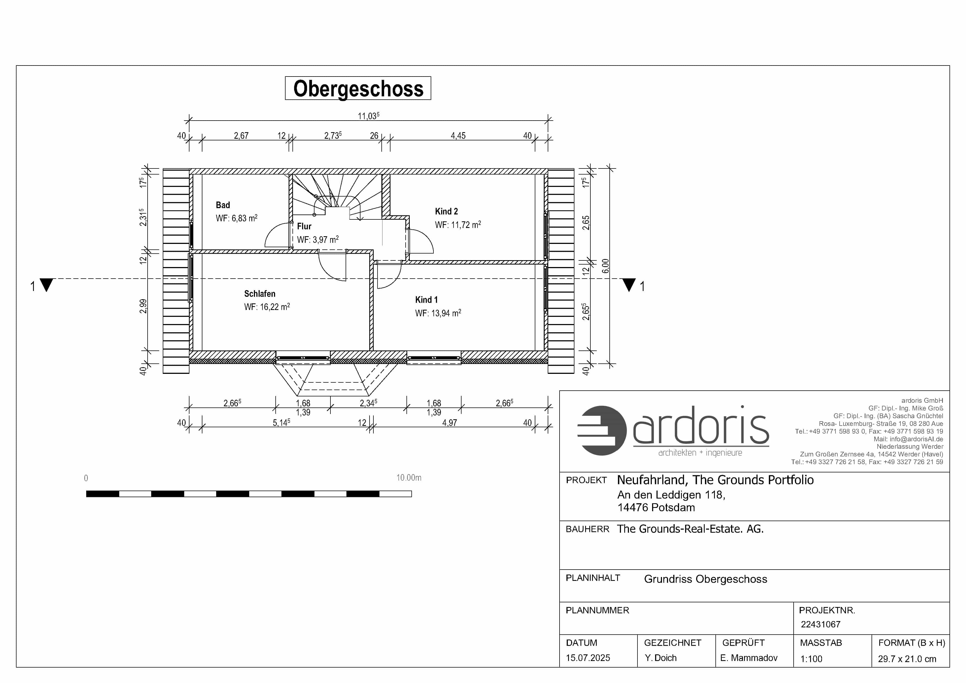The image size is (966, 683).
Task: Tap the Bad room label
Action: pyautogui.click(x=223, y=205)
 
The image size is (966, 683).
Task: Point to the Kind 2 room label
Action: pyautogui.click(x=446, y=211)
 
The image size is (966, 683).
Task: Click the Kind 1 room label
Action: pyautogui.click(x=426, y=300)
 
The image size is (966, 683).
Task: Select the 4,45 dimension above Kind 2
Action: pyautogui.click(x=458, y=136)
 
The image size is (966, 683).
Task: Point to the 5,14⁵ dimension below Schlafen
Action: pyautogui.click(x=281, y=422)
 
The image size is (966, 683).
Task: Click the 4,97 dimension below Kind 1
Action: pyautogui.click(x=449, y=423)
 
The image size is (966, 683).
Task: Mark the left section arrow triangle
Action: pyautogui.click(x=46, y=285)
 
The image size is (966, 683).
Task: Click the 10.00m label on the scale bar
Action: pyautogui.click(x=409, y=478)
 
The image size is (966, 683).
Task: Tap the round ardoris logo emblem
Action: pyautogui.click(x=602, y=431)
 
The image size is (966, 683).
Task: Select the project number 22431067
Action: pyautogui.click(x=820, y=625)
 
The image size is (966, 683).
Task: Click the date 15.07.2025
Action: pyautogui.click(x=588, y=658)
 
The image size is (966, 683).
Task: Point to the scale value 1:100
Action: pyautogui.click(x=811, y=659)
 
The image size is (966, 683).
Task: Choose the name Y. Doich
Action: pyautogui.click(x=661, y=658)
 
